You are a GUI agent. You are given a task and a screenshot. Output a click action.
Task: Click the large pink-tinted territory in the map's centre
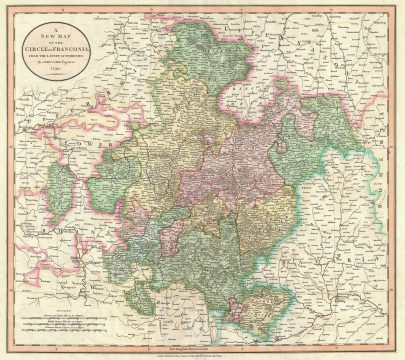click(x=245, y=170)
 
